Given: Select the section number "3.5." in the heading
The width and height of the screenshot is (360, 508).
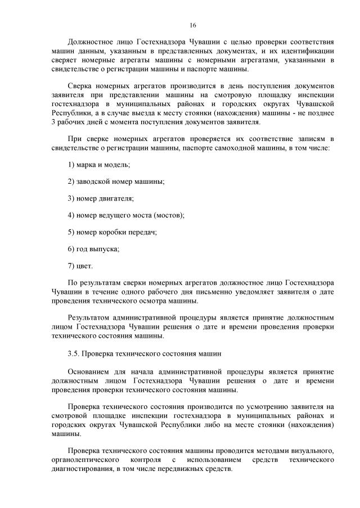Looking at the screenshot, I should [x=74, y=354].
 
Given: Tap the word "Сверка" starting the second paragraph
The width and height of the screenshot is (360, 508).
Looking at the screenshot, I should [x=79, y=85].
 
